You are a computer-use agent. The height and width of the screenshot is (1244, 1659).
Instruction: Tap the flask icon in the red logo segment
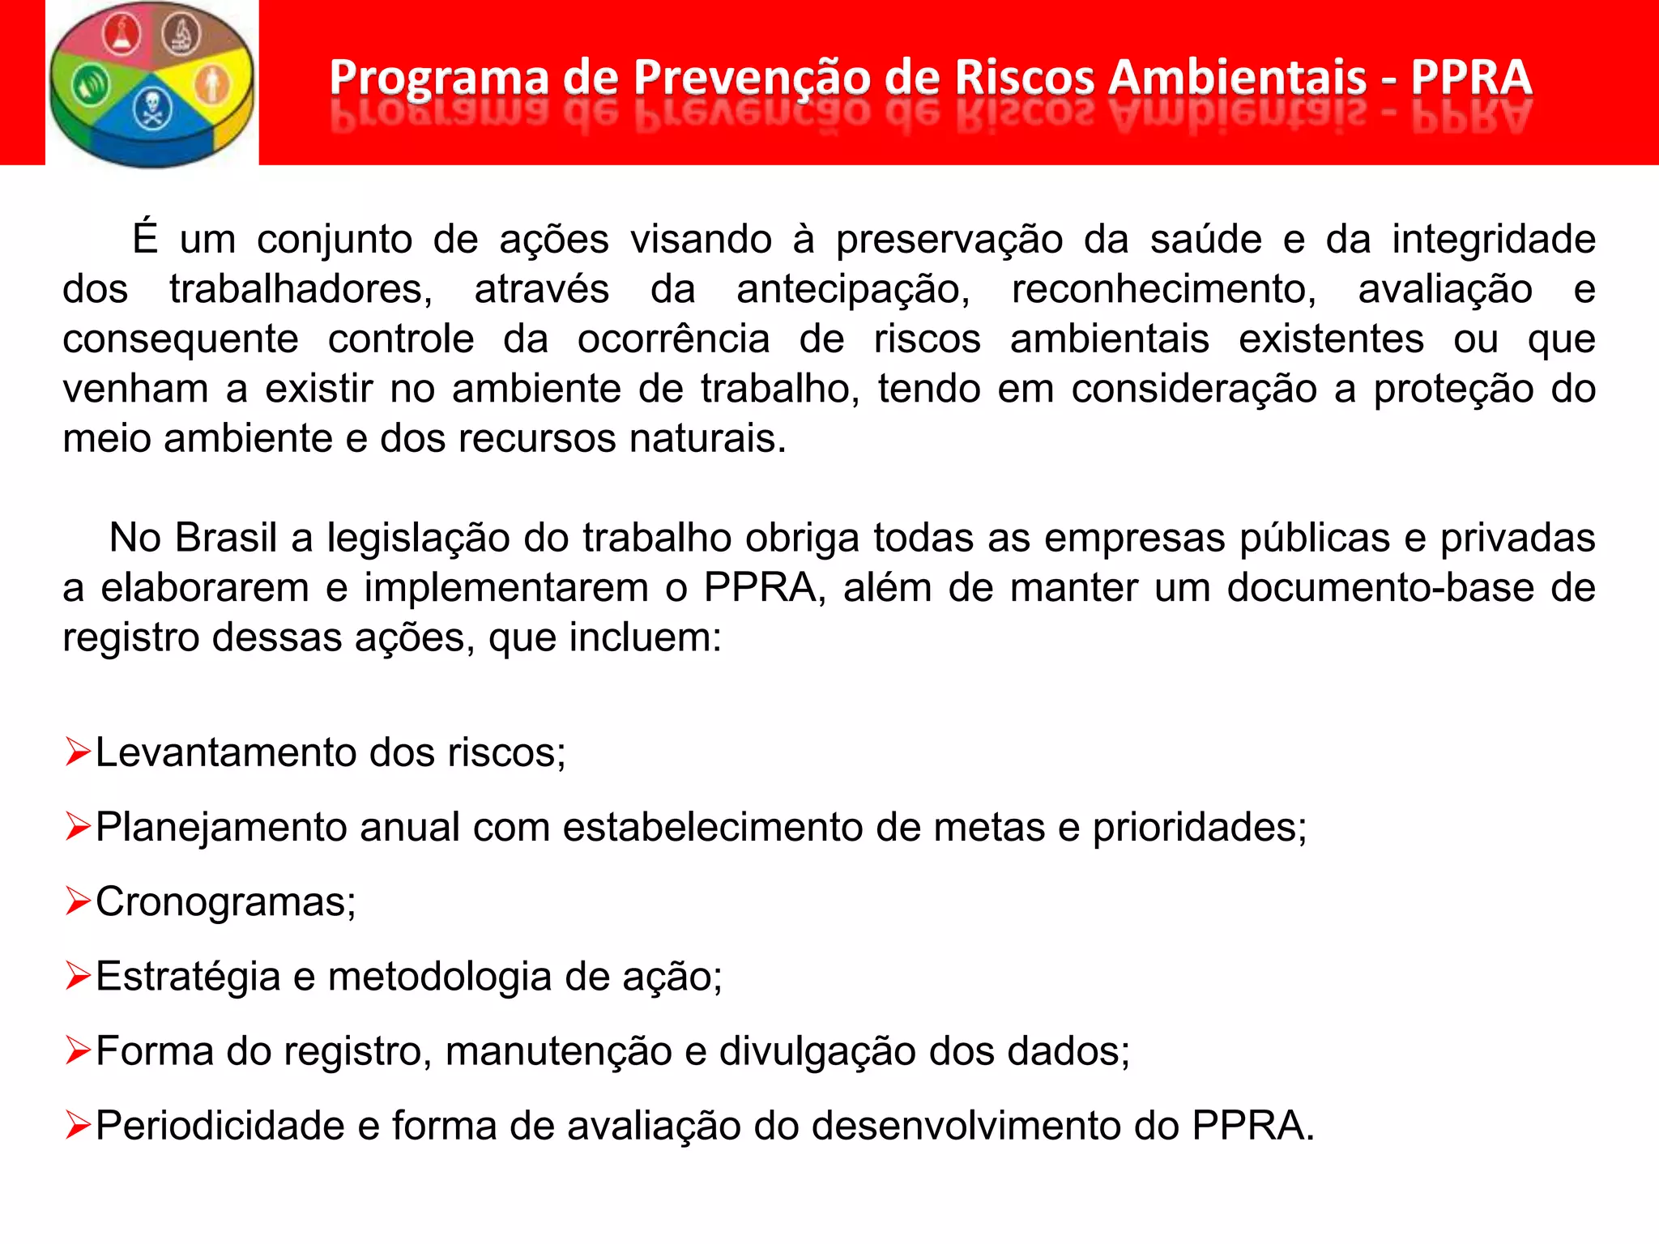pos(122,36)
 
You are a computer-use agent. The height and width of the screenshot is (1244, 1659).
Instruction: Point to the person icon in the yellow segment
pos(212,84)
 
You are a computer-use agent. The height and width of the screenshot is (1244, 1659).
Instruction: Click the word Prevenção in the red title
pos(751,79)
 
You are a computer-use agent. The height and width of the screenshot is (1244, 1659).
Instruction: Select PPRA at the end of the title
pos(1470,79)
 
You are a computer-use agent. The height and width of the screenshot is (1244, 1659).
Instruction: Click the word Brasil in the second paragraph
pos(226,538)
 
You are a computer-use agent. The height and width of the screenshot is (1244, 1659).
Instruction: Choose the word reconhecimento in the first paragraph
pos(1163,289)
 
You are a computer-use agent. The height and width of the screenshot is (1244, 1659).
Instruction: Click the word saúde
pos(1205,240)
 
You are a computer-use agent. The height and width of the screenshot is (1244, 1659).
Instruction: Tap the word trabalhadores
pos(301,289)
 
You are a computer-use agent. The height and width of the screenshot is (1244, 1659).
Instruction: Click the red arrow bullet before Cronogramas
pos(78,901)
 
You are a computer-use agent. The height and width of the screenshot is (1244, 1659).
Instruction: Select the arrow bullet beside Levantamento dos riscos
pos(78,752)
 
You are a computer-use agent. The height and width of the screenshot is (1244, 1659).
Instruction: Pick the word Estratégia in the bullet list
pos(188,976)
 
